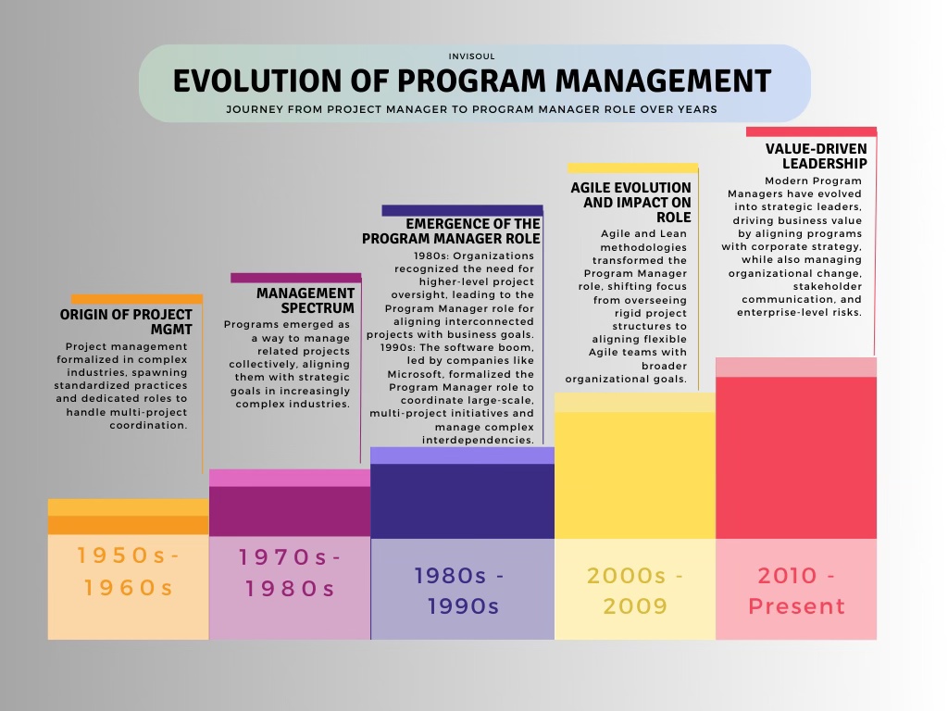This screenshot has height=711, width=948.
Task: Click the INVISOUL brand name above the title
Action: point(474,56)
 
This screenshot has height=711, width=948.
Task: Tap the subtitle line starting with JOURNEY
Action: point(472,109)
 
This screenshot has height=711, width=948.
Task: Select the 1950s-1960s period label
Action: point(129,571)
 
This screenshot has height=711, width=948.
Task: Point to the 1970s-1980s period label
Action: point(290,573)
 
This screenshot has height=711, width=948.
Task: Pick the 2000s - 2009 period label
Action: point(635,591)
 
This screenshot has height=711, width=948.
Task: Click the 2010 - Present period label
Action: point(796,591)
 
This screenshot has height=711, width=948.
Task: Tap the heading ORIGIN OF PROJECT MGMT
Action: point(126,321)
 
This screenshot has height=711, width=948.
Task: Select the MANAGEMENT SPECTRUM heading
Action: point(306,300)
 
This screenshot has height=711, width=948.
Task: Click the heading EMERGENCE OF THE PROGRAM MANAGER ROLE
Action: point(452,231)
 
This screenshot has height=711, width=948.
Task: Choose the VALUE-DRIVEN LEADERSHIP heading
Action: point(816,156)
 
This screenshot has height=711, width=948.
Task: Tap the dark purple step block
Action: point(462,501)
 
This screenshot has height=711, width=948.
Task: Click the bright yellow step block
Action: point(635,475)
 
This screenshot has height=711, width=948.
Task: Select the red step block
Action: point(796,457)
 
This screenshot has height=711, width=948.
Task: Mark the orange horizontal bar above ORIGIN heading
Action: point(136,299)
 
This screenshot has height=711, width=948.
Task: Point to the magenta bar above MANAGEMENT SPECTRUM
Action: point(295,278)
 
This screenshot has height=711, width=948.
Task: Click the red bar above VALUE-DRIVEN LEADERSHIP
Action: point(811,131)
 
